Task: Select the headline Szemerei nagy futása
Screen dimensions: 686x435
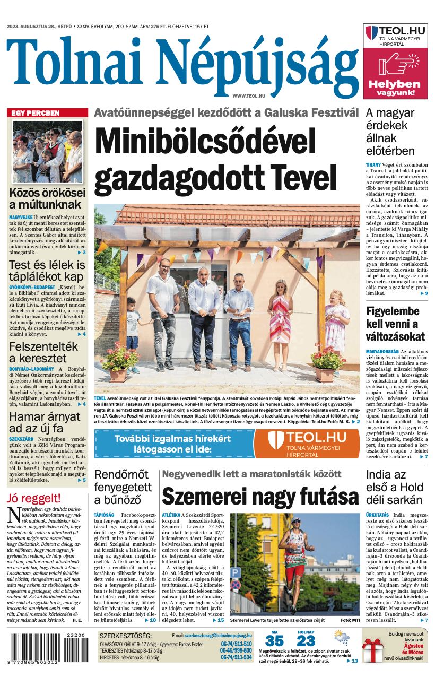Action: pos(260,497)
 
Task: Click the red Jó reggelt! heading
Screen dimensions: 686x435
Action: pos(34,498)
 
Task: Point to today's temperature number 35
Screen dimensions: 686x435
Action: pos(274,641)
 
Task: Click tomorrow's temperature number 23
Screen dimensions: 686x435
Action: pos(306,641)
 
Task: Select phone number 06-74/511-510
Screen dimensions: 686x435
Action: pos(236,644)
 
